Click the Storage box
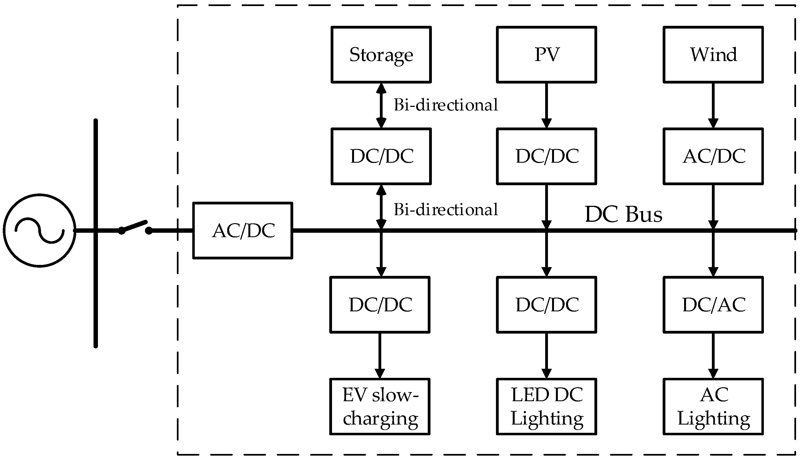tap(381, 55)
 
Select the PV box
tap(547, 55)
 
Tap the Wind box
tap(713, 55)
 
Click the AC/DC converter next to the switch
tap(243, 231)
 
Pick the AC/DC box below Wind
tap(713, 156)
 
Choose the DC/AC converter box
tap(713, 305)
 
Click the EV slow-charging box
tap(380, 407)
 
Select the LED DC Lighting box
tap(547, 407)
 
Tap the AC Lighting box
tap(713, 407)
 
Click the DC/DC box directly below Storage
tap(381, 156)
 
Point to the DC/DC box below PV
tap(547, 156)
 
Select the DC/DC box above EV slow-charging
tap(380, 305)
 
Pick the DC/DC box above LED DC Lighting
tap(547, 305)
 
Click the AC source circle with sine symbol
tap(40, 231)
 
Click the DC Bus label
tap(623, 215)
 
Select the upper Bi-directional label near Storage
tap(446, 105)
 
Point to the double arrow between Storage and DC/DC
tap(381, 106)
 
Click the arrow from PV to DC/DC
tap(547, 106)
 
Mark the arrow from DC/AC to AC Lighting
tap(713, 355)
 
